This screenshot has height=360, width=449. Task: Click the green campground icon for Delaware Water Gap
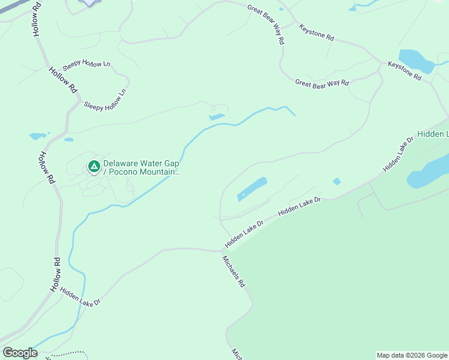click(94, 166)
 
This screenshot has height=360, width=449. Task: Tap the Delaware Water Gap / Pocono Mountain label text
click(142, 167)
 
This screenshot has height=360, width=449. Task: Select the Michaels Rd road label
click(234, 271)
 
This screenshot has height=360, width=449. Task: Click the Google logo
click(20, 353)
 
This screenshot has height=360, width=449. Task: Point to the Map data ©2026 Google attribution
click(412, 355)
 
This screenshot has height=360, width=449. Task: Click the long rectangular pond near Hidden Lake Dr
click(252, 188)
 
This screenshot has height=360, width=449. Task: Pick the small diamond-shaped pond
click(337, 181)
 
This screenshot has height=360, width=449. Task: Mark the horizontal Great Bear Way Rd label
click(322, 83)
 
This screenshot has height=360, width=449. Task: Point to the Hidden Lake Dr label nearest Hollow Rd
click(80, 296)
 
